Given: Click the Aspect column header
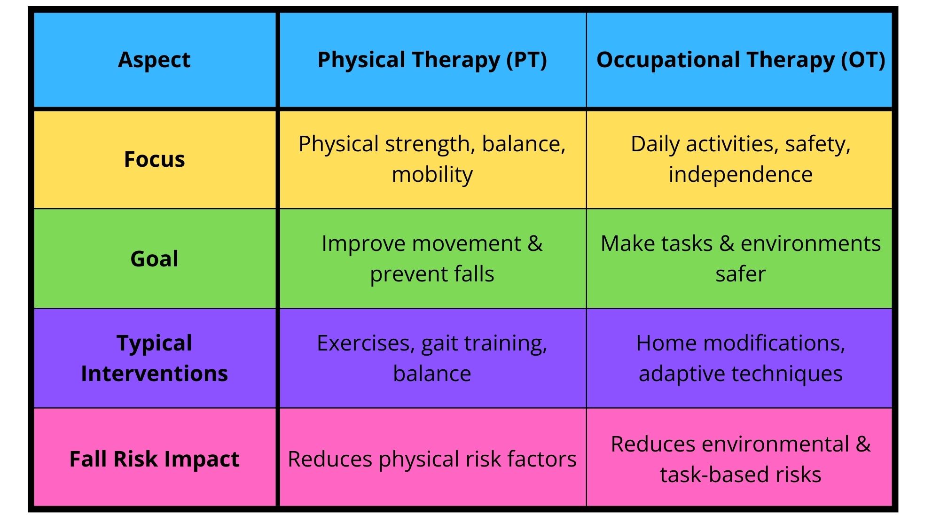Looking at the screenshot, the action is [x=154, y=60].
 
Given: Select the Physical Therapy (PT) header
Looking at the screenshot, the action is [x=432, y=60].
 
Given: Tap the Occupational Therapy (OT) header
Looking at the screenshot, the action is [x=741, y=60].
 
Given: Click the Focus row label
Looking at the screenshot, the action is [x=154, y=159].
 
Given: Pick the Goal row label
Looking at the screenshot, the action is [x=154, y=259].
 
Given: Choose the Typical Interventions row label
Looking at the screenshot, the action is [x=154, y=358].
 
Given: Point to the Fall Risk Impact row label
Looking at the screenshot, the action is [x=154, y=459].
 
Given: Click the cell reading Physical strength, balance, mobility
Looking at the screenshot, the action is [x=432, y=159].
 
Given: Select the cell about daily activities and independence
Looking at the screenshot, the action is [x=741, y=159].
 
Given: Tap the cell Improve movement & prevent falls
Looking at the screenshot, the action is [x=432, y=259].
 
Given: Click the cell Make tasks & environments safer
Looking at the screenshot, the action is [x=741, y=259].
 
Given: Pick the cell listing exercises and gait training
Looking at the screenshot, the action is [x=432, y=358].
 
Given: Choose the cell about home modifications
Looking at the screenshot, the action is [x=741, y=358].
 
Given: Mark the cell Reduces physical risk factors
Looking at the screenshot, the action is [x=432, y=459].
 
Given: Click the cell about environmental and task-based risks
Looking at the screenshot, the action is [x=741, y=459].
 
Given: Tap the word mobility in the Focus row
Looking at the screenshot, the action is [x=432, y=175].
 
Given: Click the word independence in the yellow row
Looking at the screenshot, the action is [x=741, y=175].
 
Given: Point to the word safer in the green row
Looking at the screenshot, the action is [x=741, y=274].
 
